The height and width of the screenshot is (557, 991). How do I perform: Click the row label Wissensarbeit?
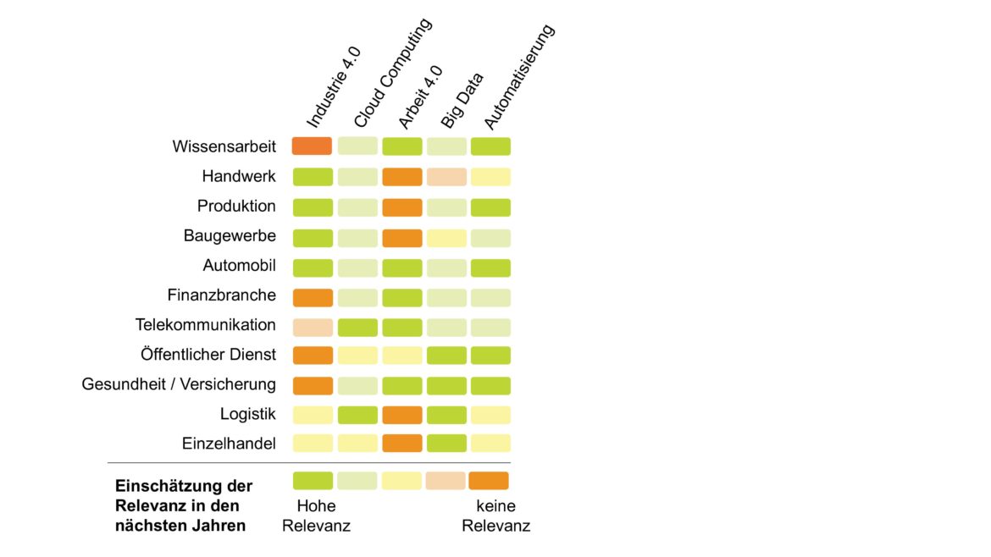[224, 146]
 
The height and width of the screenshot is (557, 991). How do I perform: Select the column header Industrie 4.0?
[333, 88]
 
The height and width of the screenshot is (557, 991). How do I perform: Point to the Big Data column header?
[462, 101]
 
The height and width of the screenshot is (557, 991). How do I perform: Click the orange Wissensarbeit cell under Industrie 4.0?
[312, 146]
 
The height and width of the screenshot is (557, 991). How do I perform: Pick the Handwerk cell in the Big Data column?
[446, 176]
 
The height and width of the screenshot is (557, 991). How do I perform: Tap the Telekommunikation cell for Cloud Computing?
[357, 327]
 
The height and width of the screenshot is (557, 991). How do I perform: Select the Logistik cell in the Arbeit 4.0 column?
[401, 414]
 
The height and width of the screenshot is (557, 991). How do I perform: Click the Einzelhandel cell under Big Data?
[446, 443]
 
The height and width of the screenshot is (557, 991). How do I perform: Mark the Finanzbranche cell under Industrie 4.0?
[312, 297]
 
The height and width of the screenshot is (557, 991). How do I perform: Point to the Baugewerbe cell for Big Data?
[446, 238]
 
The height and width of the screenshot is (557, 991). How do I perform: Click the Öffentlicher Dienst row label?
[208, 355]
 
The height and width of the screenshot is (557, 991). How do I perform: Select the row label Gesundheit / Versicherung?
[179, 384]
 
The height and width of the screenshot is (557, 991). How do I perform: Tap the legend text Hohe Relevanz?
[316, 516]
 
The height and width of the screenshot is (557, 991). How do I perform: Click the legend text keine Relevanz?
[495, 516]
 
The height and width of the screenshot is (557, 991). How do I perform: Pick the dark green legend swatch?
[313, 480]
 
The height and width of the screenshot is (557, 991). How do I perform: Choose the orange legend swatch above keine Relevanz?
[489, 480]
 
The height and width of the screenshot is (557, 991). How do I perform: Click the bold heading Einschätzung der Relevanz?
[183, 505]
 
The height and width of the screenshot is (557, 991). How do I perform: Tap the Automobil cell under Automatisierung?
[490, 267]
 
